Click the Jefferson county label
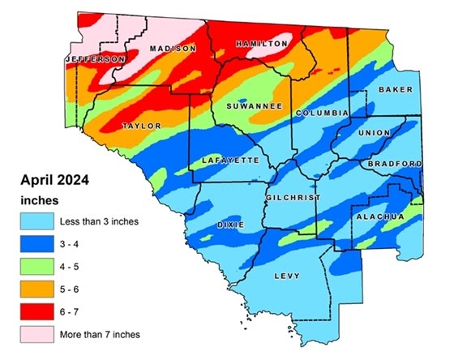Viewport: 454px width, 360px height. coord(95,59)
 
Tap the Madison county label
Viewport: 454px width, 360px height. coord(170,49)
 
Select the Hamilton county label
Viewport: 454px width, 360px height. coord(260,43)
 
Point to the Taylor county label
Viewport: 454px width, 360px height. coord(141,126)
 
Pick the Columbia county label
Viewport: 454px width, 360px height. coord(322,113)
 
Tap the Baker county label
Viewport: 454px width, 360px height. coord(396,89)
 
